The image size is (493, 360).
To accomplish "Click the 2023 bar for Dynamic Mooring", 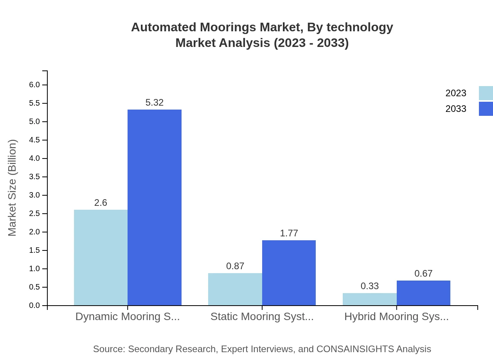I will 101,257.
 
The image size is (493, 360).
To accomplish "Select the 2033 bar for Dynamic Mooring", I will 155,207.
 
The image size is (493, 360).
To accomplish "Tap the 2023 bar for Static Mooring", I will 235,289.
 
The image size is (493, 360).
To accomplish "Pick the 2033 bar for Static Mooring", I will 289,273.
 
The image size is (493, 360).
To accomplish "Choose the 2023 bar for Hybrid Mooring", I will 369,299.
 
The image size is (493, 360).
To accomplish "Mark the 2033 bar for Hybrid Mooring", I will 423,293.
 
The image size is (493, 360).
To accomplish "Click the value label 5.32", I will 155,103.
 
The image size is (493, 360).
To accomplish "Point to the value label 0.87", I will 235,266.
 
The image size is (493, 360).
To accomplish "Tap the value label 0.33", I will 370,286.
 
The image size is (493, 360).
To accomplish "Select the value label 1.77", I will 289,233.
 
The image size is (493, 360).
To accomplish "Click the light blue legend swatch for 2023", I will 486,93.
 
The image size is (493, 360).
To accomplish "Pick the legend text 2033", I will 456,109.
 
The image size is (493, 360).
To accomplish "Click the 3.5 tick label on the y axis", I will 34,177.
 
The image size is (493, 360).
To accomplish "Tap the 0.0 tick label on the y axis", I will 34,306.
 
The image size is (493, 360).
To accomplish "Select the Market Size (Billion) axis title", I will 13,188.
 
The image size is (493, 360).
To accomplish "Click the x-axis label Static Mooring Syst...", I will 262,316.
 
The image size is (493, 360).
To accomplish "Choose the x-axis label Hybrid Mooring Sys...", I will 396,316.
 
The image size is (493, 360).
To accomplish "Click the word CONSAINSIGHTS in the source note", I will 354,349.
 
